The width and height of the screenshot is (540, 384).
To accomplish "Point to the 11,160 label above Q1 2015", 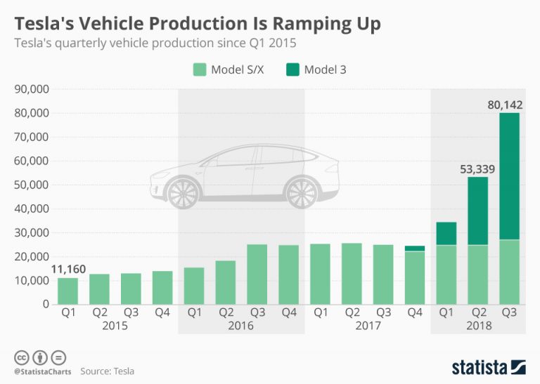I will [67, 270].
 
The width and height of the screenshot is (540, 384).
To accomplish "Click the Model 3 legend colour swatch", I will [290, 69].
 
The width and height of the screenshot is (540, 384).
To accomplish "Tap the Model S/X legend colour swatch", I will [198, 69].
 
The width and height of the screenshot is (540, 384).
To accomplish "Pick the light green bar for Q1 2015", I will [67, 291].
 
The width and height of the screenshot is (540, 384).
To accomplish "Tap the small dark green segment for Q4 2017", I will [414, 249].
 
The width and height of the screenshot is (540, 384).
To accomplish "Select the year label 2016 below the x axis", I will [241, 326].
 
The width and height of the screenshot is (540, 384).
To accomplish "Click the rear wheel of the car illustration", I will [302, 193].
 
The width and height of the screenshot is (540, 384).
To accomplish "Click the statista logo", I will [489, 366].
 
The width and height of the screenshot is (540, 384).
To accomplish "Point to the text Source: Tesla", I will [107, 371].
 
